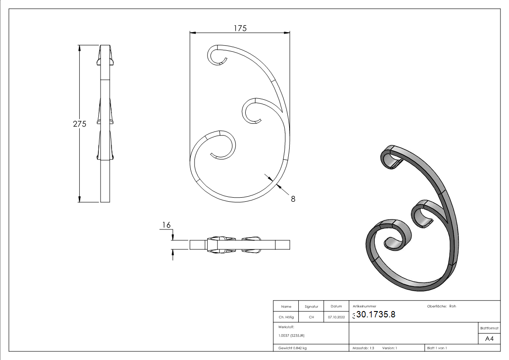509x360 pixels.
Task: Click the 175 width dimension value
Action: click(x=240, y=28)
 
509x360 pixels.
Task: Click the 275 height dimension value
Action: click(x=80, y=124)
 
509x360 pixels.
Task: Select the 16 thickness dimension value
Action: click(x=166, y=224)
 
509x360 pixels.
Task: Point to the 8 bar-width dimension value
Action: click(x=293, y=198)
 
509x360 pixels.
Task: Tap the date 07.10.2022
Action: click(x=336, y=317)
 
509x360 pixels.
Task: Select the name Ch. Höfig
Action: click(x=286, y=317)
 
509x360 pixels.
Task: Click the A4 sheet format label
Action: click(x=489, y=339)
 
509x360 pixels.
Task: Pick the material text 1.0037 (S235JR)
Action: click(x=291, y=335)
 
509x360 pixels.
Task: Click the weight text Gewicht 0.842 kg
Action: click(x=292, y=348)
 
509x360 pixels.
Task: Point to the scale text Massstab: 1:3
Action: click(x=363, y=348)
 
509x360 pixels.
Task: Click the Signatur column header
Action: click(x=311, y=306)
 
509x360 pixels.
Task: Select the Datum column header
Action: click(x=336, y=306)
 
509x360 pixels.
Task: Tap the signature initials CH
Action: click(x=311, y=317)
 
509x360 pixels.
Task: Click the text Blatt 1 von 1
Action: click(x=437, y=348)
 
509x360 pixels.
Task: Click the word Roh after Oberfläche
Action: click(x=452, y=306)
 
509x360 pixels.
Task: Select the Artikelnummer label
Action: click(x=364, y=306)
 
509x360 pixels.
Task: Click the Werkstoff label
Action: click(x=286, y=326)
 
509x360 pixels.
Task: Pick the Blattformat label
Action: click(x=489, y=328)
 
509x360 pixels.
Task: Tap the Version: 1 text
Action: click(x=390, y=348)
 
